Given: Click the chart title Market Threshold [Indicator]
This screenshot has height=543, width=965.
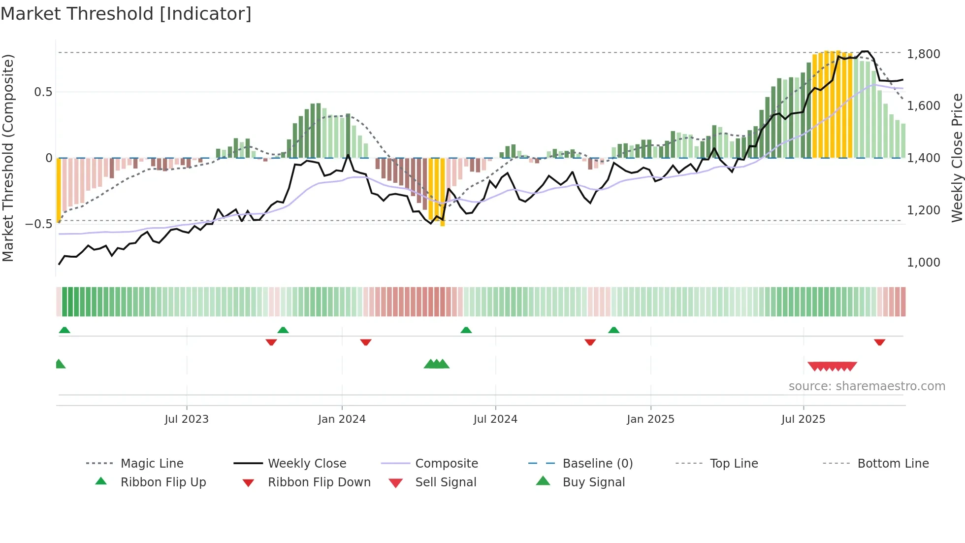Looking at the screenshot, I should pyautogui.click(x=126, y=14).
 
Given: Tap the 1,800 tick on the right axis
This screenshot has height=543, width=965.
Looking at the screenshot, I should pyautogui.click(x=923, y=54).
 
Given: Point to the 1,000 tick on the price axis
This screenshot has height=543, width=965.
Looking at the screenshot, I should pyautogui.click(x=923, y=262).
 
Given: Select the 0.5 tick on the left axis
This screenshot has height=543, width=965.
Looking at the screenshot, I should pyautogui.click(x=43, y=92).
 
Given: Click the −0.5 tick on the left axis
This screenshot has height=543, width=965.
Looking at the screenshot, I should pyautogui.click(x=39, y=224).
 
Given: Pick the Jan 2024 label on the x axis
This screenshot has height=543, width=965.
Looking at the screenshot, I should pyautogui.click(x=342, y=419).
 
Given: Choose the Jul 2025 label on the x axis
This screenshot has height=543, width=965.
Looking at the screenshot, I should pyautogui.click(x=803, y=419).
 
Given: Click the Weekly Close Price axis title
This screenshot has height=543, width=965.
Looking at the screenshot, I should pyautogui.click(x=957, y=158).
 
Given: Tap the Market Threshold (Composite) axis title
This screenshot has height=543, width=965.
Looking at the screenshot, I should pyautogui.click(x=8, y=158).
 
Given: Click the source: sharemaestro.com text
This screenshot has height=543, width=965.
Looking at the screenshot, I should pyautogui.click(x=867, y=386).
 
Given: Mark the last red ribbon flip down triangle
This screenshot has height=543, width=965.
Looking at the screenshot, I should pyautogui.click(x=879, y=342).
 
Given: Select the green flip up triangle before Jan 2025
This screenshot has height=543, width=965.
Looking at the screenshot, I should pyautogui.click(x=613, y=330).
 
